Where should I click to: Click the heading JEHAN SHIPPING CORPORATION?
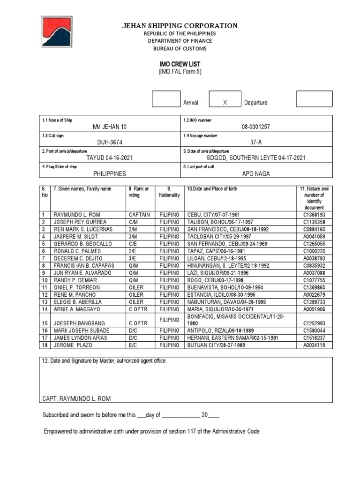[180, 26]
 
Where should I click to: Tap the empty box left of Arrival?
[166, 99]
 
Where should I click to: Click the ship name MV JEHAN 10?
[109, 127]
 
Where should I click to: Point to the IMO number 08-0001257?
[256, 127]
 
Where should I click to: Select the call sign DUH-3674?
[109, 142]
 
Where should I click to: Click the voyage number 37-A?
[256, 142]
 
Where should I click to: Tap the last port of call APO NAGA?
[256, 173]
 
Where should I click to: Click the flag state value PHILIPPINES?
[109, 173]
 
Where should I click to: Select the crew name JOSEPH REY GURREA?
[80, 222]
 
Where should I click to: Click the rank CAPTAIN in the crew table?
[139, 215]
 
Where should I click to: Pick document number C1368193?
[314, 215]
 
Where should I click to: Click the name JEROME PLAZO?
[74, 345]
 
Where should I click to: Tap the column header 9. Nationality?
[169, 192]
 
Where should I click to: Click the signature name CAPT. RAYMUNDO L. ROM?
[77, 398]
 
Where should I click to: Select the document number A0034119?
[314, 345]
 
